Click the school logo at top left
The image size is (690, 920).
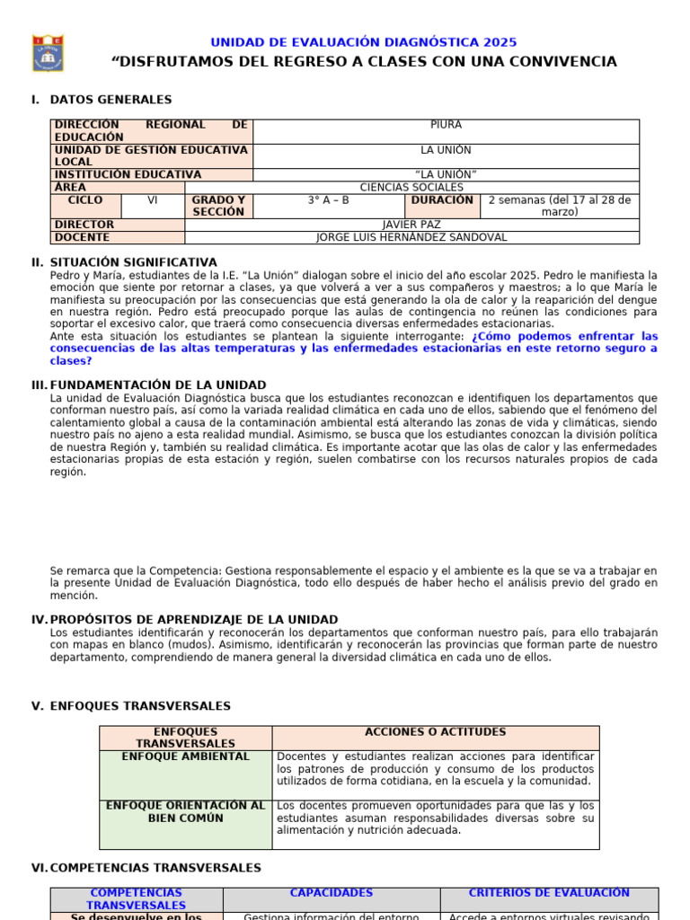click(48, 53)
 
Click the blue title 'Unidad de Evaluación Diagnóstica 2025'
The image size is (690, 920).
click(363, 42)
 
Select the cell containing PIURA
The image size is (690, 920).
click(446, 126)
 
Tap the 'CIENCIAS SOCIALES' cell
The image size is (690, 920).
click(411, 187)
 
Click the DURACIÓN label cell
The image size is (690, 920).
click(442, 200)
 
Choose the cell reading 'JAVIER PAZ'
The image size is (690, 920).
click(411, 225)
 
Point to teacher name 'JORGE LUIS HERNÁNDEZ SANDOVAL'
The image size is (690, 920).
click(411, 237)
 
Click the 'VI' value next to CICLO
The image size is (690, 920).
click(153, 200)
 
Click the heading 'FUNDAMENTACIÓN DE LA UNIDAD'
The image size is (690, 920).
click(158, 385)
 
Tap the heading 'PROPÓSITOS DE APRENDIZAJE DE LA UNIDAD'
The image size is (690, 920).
click(194, 619)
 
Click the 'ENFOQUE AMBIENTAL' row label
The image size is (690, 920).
click(186, 756)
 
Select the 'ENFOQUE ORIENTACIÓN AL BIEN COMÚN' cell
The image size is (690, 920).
click(186, 812)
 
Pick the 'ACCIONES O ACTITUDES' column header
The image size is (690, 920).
click(435, 732)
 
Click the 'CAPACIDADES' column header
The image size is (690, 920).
click(331, 893)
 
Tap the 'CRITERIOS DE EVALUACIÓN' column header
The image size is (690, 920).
click(549, 893)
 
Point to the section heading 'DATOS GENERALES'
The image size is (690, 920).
click(111, 100)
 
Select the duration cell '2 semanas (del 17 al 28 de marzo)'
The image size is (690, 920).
click(559, 206)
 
